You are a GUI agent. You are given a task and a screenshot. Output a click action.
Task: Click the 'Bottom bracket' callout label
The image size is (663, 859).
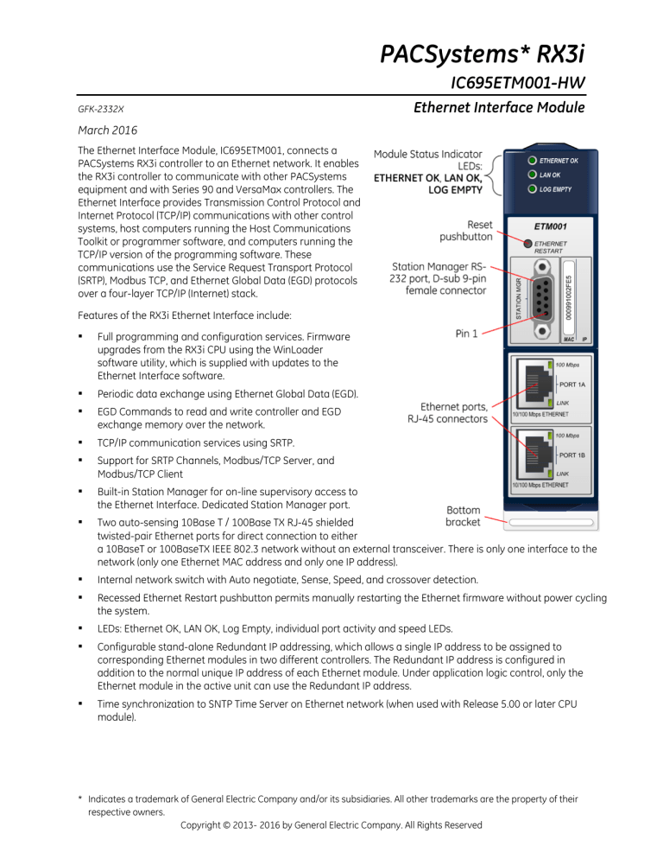tap(463, 517)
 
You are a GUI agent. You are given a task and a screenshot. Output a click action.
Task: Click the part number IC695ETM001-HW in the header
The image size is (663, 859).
tap(519, 83)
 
